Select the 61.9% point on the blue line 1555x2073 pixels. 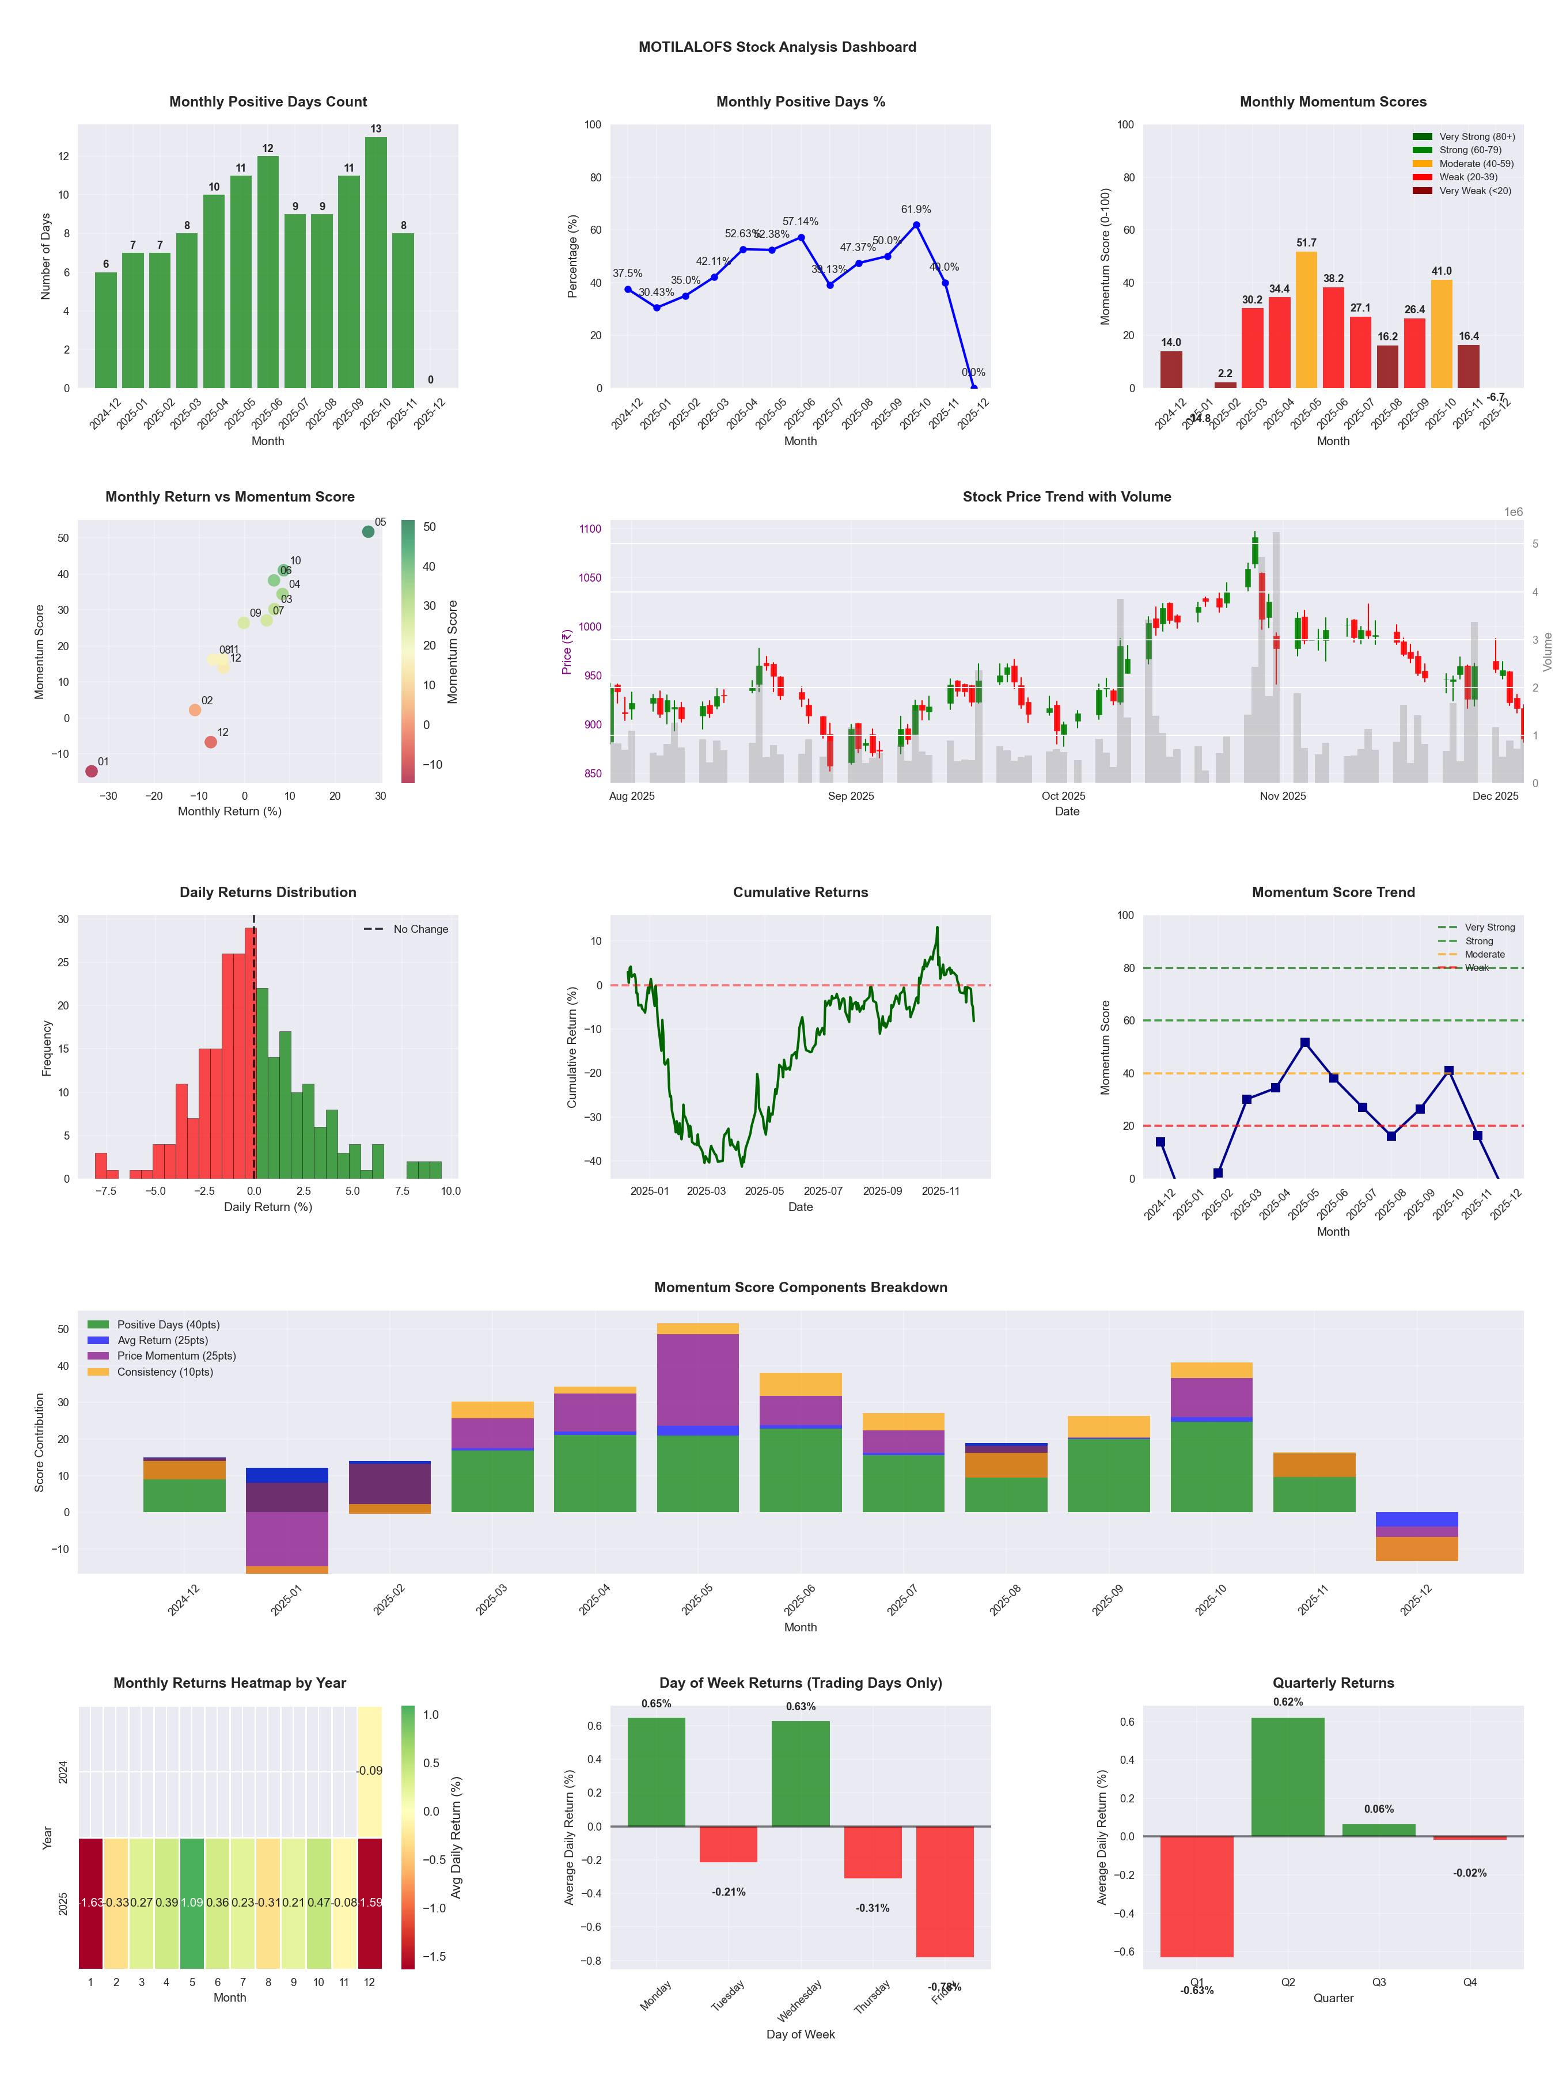(x=916, y=225)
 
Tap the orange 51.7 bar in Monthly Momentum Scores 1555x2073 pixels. (x=1306, y=320)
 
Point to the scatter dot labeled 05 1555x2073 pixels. (x=369, y=531)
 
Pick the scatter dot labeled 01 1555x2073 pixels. (x=91, y=771)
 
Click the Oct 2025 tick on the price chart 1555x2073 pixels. (x=1063, y=796)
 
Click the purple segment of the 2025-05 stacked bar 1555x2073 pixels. (x=697, y=1380)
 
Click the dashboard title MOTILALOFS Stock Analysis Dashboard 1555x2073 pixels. (x=777, y=47)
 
